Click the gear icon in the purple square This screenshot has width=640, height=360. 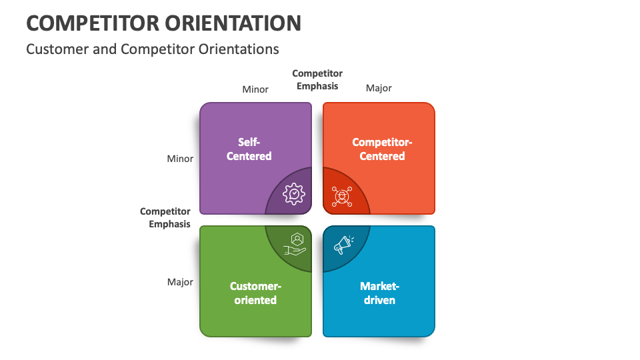(294, 193)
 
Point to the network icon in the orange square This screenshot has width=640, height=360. (341, 196)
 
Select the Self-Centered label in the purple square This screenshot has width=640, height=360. (249, 149)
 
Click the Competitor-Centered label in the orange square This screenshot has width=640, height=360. (383, 149)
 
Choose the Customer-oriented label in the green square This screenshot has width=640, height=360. (255, 293)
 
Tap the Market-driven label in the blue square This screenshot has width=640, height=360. (379, 293)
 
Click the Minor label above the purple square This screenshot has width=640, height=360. (255, 89)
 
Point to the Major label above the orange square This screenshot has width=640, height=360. (379, 88)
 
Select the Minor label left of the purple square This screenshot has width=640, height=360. (180, 159)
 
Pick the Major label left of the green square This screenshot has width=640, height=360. (180, 282)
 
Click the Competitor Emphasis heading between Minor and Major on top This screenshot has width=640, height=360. (317, 79)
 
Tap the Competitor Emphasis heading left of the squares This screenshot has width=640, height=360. (165, 217)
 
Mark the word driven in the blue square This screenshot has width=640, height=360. (379, 300)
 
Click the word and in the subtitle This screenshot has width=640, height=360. (107, 49)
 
